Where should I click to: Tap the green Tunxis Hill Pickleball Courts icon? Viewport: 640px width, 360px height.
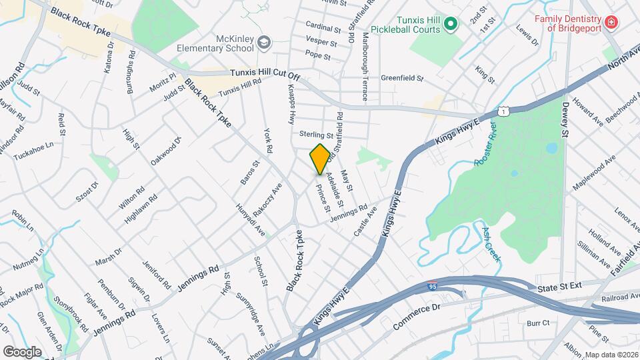click(451, 25)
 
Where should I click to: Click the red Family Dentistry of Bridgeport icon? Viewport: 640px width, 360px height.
click(610, 24)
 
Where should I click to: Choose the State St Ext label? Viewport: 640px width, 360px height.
click(560, 287)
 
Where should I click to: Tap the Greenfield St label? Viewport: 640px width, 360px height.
click(402, 78)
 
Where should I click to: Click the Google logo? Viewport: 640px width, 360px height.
click(23, 351)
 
